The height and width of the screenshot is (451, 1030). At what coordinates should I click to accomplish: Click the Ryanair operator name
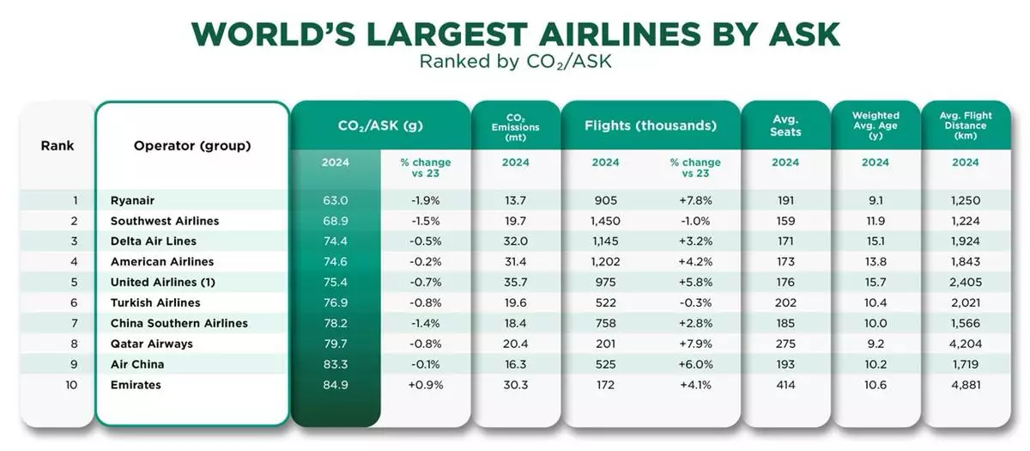pos(132,200)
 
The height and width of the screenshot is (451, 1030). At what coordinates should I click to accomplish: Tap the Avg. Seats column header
pos(785,125)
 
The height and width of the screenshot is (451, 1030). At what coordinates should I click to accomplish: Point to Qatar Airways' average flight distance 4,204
pos(965,344)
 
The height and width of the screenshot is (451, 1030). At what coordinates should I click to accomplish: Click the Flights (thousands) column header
pos(650,125)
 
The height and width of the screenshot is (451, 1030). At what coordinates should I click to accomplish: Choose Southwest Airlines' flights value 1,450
pos(605,221)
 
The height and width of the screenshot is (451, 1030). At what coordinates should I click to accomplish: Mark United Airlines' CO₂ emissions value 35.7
pos(515,283)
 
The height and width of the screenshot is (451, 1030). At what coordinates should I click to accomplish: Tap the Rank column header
pos(58,145)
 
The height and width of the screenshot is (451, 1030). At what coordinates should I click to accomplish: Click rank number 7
pos(75,324)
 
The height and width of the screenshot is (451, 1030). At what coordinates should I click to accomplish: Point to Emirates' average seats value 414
pos(785,386)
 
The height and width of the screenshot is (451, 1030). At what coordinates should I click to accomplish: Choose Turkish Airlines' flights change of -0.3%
pos(696,303)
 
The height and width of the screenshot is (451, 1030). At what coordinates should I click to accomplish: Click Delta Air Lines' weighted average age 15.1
pos(875,241)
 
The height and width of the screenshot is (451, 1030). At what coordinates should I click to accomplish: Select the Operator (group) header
pos(192,145)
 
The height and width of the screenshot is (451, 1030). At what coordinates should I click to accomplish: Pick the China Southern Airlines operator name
pos(179,324)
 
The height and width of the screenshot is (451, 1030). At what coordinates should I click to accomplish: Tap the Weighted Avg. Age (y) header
pos(875,125)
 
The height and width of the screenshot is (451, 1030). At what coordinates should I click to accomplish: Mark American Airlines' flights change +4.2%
pos(696,262)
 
